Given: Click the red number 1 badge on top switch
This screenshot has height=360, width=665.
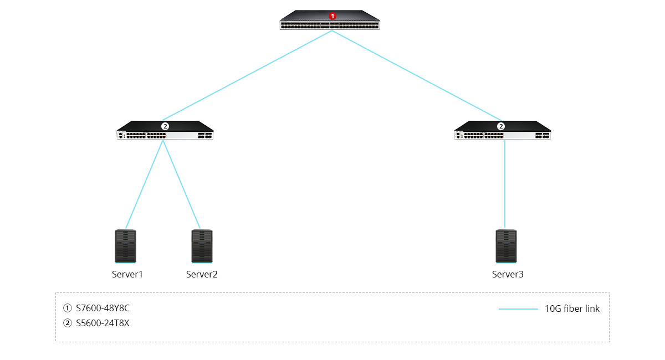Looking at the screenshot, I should point(332,16).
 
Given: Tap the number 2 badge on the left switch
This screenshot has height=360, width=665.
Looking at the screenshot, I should point(165,126).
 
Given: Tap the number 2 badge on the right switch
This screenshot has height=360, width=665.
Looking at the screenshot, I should point(502,126).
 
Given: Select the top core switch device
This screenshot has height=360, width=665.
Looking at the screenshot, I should point(330,22).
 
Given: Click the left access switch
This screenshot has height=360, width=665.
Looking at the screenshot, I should point(165,133).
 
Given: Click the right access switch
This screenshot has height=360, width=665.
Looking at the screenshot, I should point(502,133).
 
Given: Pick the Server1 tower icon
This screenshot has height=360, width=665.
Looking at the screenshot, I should point(125,246).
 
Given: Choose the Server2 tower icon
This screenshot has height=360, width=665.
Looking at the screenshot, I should point(202,246).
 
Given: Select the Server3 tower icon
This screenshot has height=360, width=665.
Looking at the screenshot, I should point(507,246).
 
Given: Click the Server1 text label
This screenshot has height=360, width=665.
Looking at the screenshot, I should point(127,274).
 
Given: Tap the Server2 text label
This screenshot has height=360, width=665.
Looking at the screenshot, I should point(202,274).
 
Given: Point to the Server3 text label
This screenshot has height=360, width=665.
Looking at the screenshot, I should point(508,274).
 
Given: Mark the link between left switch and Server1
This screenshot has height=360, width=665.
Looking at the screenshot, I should point(145,184).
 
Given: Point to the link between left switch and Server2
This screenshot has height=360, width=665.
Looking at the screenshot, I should point(181,184).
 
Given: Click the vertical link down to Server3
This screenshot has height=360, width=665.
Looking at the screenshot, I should point(505,184).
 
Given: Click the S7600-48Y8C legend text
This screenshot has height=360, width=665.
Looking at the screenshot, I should point(103,308).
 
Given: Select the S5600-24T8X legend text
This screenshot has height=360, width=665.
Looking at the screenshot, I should point(103,323).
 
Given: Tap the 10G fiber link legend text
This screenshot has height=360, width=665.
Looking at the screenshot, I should point(572,309).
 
